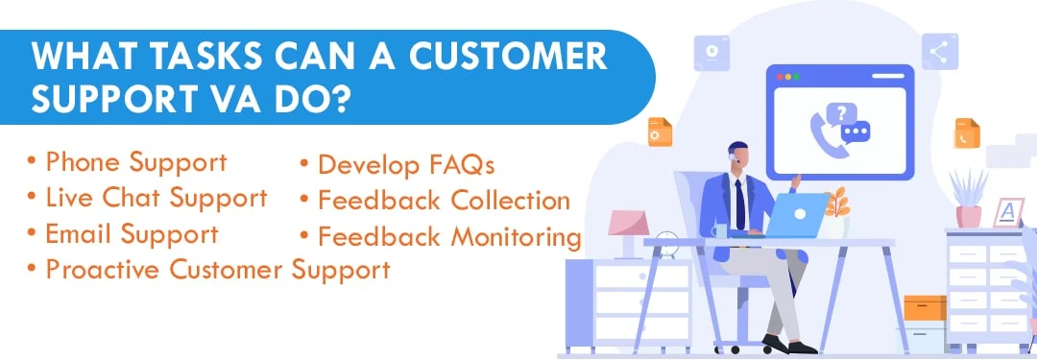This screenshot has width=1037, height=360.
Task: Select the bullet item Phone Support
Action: (135, 161)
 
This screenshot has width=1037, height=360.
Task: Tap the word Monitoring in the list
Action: (510, 236)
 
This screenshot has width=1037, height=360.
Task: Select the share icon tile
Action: (939, 52)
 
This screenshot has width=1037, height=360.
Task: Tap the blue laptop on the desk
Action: (798, 215)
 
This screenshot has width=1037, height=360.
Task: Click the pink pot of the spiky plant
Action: (969, 217)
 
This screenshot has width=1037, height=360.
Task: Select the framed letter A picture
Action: (1009, 213)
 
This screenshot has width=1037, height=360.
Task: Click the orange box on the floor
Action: (925, 308)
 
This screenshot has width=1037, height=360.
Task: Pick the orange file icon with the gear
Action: (660, 132)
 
